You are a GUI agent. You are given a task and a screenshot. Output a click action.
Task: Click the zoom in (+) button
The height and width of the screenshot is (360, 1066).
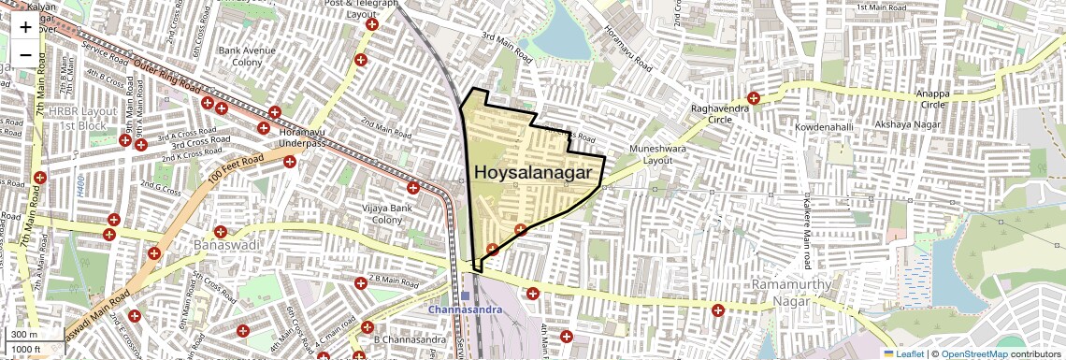(25, 27)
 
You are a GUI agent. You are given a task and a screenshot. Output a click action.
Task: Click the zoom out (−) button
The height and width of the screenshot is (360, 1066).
(25, 54)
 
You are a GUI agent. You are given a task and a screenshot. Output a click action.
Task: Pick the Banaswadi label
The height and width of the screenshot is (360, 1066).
(223, 245)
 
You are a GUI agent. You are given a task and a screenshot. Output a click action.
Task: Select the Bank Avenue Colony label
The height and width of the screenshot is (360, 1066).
(241, 56)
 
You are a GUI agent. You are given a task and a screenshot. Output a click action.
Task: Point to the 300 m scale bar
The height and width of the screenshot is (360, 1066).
(24, 334)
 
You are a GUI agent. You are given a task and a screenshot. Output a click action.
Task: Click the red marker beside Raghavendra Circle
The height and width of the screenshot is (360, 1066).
(754, 98)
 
